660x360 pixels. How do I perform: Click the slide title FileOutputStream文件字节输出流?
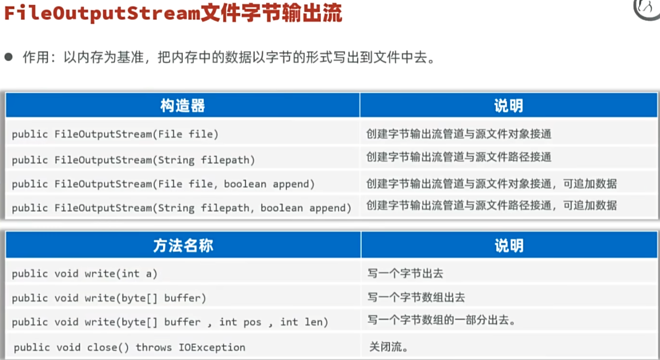click(173, 14)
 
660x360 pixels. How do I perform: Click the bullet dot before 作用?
click(9, 57)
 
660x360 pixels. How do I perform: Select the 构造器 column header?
click(183, 105)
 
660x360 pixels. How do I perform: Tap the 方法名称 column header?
click(183, 245)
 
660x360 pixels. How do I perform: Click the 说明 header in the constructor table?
click(508, 105)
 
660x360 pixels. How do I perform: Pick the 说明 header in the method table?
click(508, 245)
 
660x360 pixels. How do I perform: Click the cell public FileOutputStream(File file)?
click(115, 134)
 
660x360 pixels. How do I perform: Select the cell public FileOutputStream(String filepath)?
click(134, 160)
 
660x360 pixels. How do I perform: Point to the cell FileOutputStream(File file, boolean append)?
click(163, 184)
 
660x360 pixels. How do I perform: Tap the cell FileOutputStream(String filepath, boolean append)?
click(182, 208)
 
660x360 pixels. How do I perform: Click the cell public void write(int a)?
click(85, 273)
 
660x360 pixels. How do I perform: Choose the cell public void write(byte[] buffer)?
click(109, 298)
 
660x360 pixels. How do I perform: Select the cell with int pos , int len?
click(170, 322)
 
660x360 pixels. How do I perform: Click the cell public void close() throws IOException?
click(130, 347)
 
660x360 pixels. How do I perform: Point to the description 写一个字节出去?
click(401, 273)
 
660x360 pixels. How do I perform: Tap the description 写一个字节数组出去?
click(416, 298)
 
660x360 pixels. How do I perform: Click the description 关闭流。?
click(388, 347)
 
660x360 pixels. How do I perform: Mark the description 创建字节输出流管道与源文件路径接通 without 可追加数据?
click(459, 158)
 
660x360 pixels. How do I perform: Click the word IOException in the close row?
click(212, 347)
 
